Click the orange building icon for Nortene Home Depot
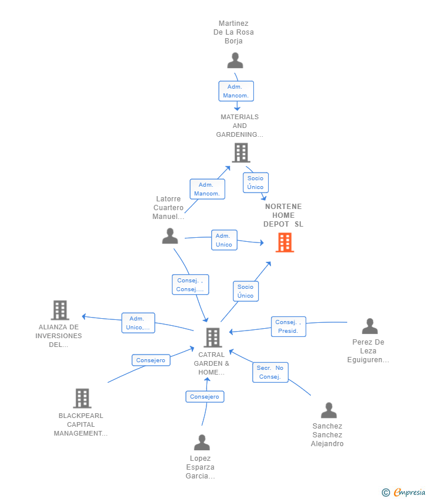tap(284, 242)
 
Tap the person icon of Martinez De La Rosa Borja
tap(235, 60)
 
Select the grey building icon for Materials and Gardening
tap(240, 153)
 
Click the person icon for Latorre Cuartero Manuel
tap(170, 236)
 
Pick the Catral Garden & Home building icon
tap(212, 338)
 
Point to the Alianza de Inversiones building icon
tap(60, 310)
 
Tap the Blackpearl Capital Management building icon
tap(82, 398)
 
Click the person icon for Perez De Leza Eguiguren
tap(370, 326)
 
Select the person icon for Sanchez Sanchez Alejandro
tap(328, 410)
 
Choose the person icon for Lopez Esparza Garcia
tap(202, 443)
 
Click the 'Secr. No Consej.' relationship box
tap(270, 372)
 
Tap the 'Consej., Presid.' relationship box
tap(288, 326)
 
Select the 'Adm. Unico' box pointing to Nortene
tap(224, 240)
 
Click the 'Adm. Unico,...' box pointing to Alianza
tap(138, 323)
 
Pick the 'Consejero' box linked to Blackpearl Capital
tap(151, 360)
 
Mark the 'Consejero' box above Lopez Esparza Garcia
tap(205, 397)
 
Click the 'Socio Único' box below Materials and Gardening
tap(255, 183)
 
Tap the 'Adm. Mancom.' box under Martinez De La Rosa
tap(236, 91)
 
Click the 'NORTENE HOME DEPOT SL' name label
tap(283, 215)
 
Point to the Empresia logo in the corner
tap(404, 492)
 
